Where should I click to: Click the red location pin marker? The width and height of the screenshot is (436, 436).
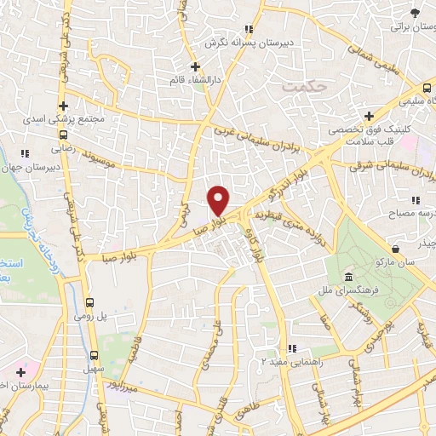tap(219, 200)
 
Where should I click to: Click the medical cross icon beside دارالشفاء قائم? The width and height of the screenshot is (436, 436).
tap(195, 66)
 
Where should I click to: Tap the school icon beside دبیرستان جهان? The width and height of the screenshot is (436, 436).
tap(26, 153)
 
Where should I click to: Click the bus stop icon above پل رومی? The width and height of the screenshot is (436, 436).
tap(90, 302)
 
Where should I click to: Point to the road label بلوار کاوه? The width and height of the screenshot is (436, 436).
tap(259, 246)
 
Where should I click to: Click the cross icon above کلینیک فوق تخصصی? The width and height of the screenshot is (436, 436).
tap(369, 116)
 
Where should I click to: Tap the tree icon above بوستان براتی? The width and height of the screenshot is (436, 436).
tap(415, 12)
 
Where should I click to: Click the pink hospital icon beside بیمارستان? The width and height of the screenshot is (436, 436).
tap(20, 372)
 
